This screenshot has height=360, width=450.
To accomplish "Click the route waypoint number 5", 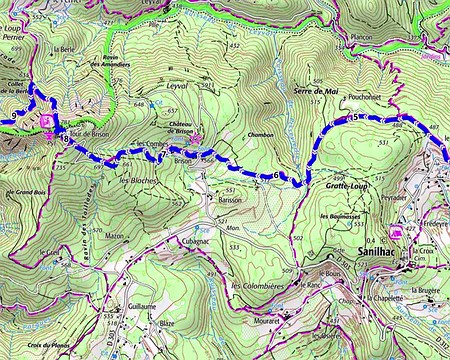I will (x=353, y=119).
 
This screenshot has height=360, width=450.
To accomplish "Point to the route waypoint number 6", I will (x=275, y=176).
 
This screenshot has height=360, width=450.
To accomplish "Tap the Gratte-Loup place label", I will (x=347, y=186).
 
